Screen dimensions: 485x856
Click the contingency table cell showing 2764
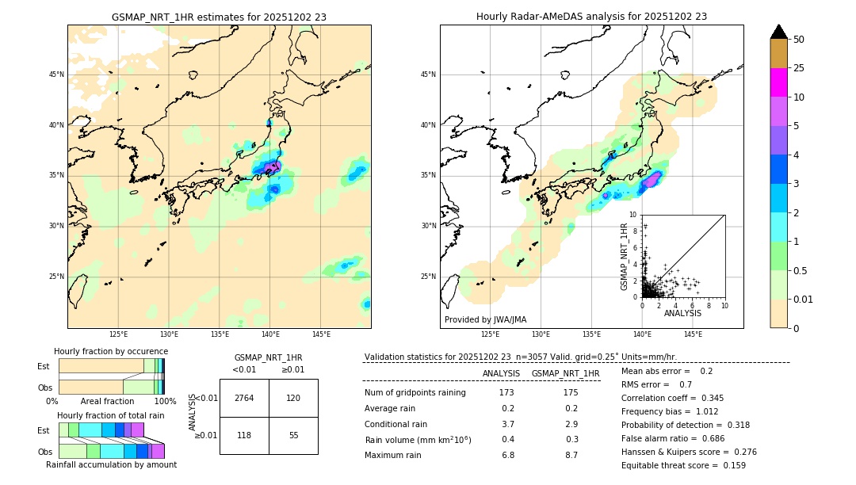243,398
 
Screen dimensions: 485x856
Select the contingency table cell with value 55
292,435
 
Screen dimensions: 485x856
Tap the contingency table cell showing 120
292,398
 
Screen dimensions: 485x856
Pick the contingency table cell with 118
243,435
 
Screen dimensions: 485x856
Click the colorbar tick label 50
799,40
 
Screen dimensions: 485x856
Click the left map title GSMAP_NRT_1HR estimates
219,17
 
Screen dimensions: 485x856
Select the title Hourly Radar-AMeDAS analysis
591,17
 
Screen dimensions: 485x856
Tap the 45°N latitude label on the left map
56,74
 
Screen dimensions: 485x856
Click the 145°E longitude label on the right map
693,334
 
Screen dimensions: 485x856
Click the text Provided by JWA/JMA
485,319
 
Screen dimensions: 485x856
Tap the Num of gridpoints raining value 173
506,393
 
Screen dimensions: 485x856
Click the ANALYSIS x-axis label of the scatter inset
682,313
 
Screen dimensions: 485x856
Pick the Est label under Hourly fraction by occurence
44,366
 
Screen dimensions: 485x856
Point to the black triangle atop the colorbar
779,32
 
